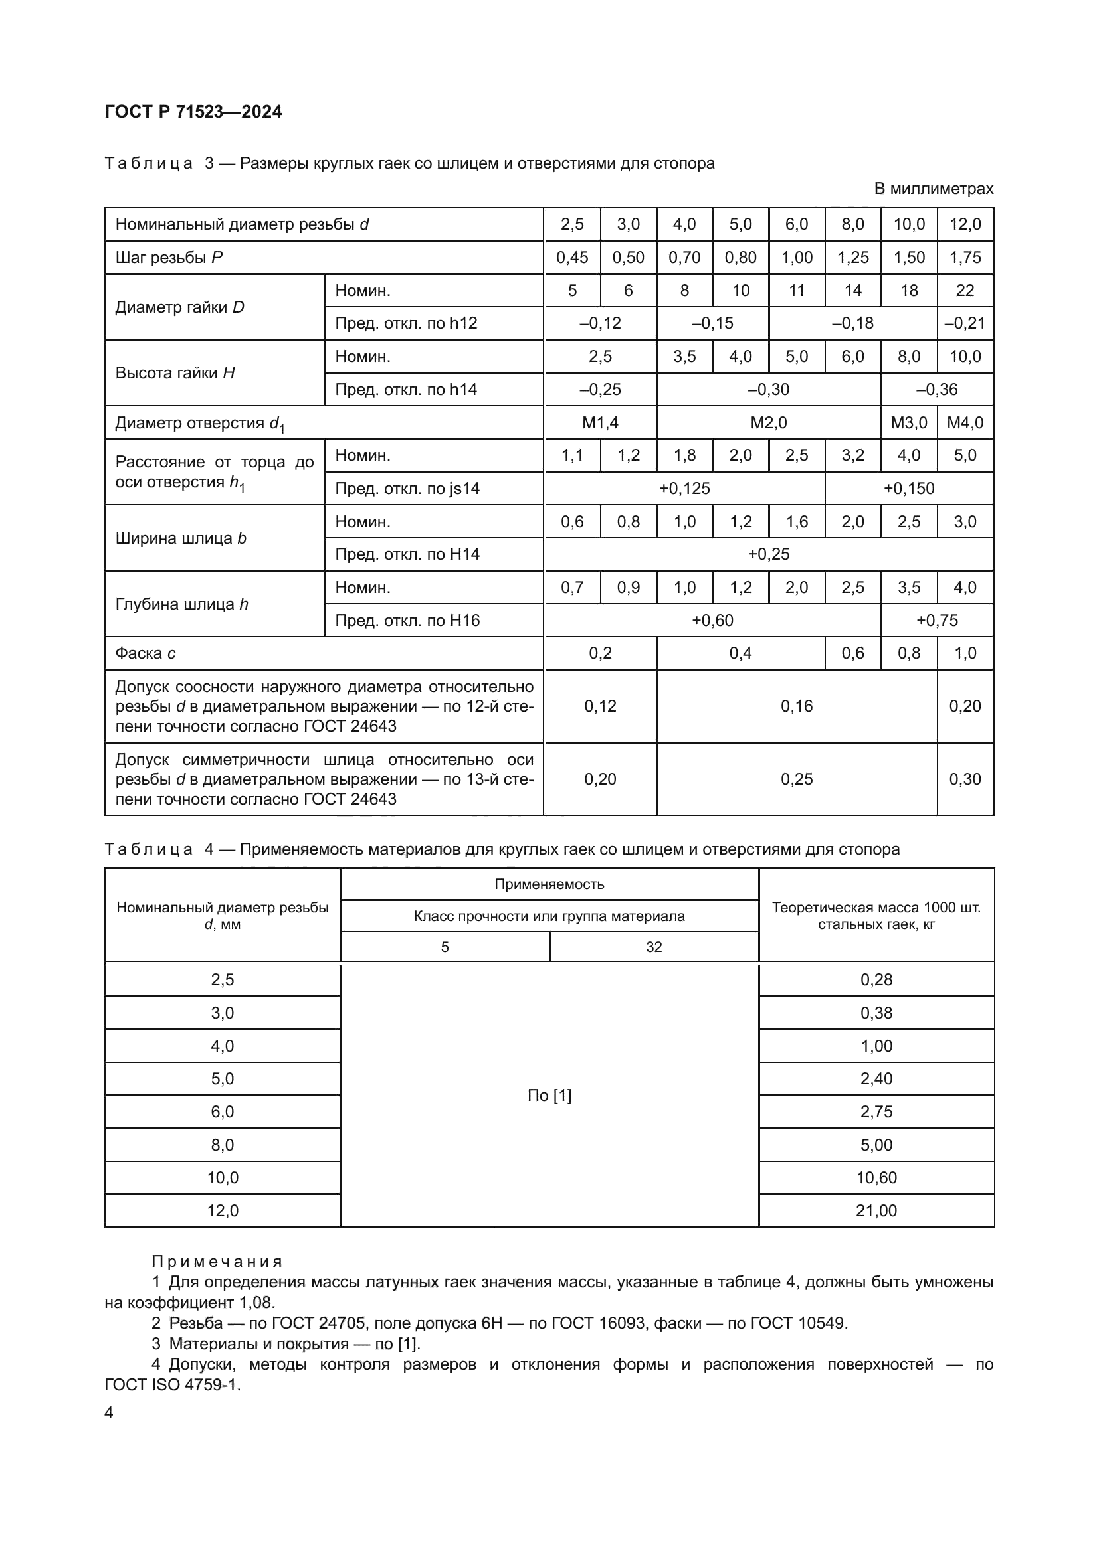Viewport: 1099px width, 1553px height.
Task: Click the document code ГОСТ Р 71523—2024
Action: point(193,112)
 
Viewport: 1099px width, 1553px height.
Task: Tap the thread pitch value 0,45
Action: point(572,258)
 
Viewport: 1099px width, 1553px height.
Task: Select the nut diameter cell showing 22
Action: point(964,291)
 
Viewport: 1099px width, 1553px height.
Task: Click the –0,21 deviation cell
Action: point(964,323)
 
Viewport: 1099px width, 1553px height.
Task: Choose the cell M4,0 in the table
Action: point(964,423)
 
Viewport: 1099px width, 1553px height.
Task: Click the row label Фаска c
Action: point(146,653)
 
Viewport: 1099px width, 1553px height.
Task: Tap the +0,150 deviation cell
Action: point(908,489)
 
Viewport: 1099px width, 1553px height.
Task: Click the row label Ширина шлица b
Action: point(181,538)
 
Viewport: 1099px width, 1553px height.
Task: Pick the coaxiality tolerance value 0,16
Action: point(796,706)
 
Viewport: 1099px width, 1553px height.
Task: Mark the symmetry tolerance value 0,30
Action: point(964,779)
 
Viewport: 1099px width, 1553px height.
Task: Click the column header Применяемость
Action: point(549,884)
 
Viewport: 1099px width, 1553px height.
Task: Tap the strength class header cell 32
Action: point(653,947)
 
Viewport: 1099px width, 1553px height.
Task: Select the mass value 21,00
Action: point(876,1211)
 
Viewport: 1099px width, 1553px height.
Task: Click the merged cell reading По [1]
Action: point(549,1095)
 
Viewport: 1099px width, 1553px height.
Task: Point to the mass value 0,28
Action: point(876,979)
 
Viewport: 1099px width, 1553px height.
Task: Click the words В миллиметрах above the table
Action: point(933,189)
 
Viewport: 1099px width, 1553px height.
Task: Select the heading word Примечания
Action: point(217,1262)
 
